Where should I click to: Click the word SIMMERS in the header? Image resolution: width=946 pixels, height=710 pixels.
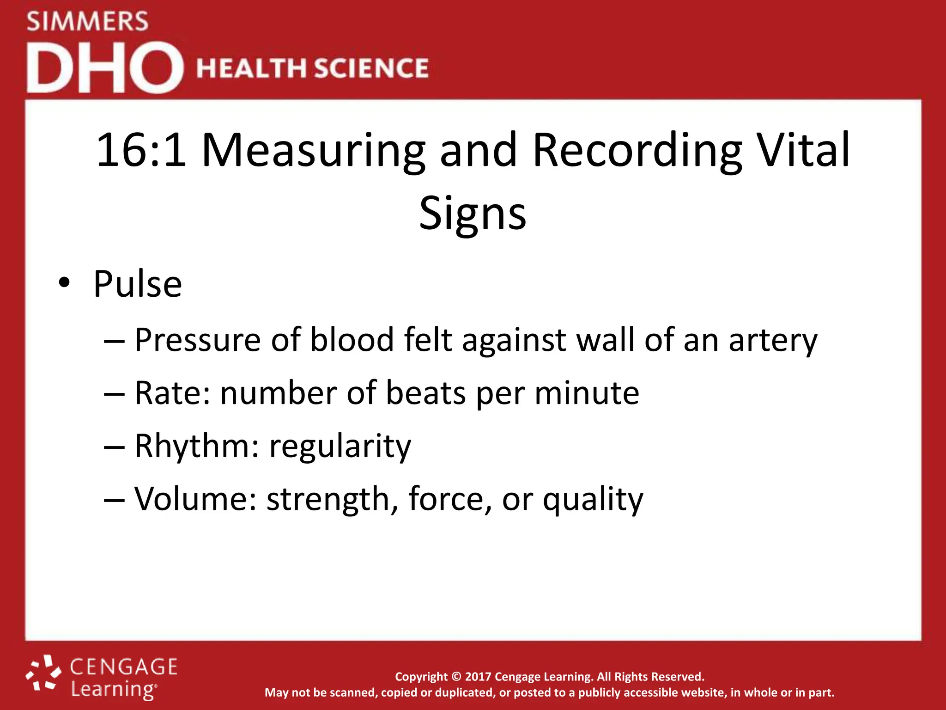87,22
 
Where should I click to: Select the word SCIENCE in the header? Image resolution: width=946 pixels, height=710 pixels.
371,68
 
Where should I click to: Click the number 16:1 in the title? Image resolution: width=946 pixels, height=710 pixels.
141,150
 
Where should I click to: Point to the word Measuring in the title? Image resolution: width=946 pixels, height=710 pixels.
313,151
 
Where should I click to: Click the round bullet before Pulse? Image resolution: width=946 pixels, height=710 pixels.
64,282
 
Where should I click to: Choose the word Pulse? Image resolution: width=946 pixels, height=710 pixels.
137,284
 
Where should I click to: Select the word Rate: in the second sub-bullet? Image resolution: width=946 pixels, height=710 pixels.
172,393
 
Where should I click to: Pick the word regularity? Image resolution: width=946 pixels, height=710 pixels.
340,447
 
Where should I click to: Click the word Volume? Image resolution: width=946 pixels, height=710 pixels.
195,499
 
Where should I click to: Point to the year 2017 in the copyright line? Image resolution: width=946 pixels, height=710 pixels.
478,677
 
